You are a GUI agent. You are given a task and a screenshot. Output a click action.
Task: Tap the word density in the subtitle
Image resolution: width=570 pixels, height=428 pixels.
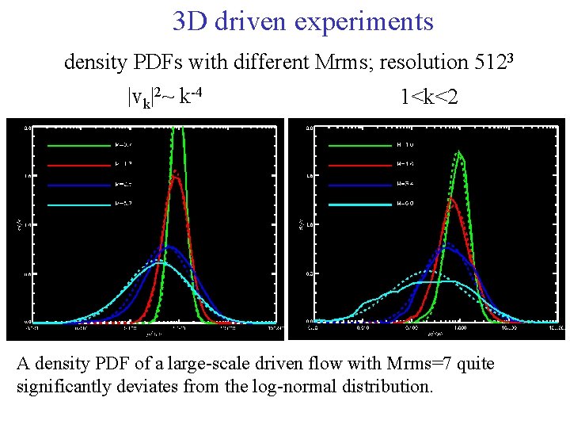(x=93, y=62)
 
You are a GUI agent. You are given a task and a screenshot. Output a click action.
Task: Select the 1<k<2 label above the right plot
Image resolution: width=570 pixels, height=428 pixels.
(x=429, y=97)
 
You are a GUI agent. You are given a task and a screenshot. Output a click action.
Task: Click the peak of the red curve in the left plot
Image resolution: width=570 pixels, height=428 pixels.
(x=176, y=176)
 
